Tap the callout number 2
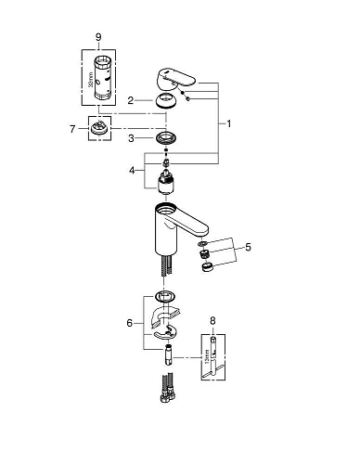[132, 99]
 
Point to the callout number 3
[132, 138]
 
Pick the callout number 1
[228, 122]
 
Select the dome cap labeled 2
[167, 100]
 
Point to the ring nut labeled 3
[168, 139]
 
